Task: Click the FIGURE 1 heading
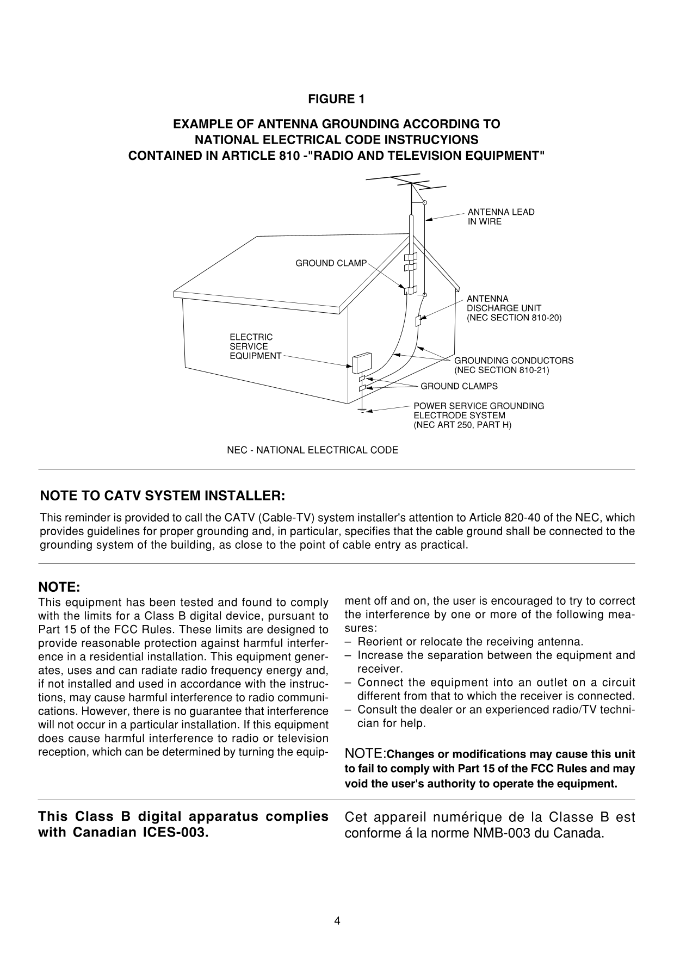click(336, 99)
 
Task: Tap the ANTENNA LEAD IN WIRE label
click(500, 216)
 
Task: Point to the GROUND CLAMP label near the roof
click(331, 263)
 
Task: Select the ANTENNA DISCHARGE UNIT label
click(514, 308)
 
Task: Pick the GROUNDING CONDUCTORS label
click(513, 365)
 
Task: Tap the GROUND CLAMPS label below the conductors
click(459, 386)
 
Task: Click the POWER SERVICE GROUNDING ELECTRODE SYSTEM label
click(478, 415)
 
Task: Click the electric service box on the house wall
click(360, 362)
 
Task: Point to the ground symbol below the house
click(361, 410)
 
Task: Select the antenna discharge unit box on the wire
click(418, 321)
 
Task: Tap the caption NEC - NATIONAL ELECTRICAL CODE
click(312, 450)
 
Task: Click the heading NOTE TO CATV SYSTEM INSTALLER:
click(163, 496)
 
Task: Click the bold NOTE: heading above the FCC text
click(59, 587)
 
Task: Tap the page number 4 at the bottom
click(337, 921)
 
